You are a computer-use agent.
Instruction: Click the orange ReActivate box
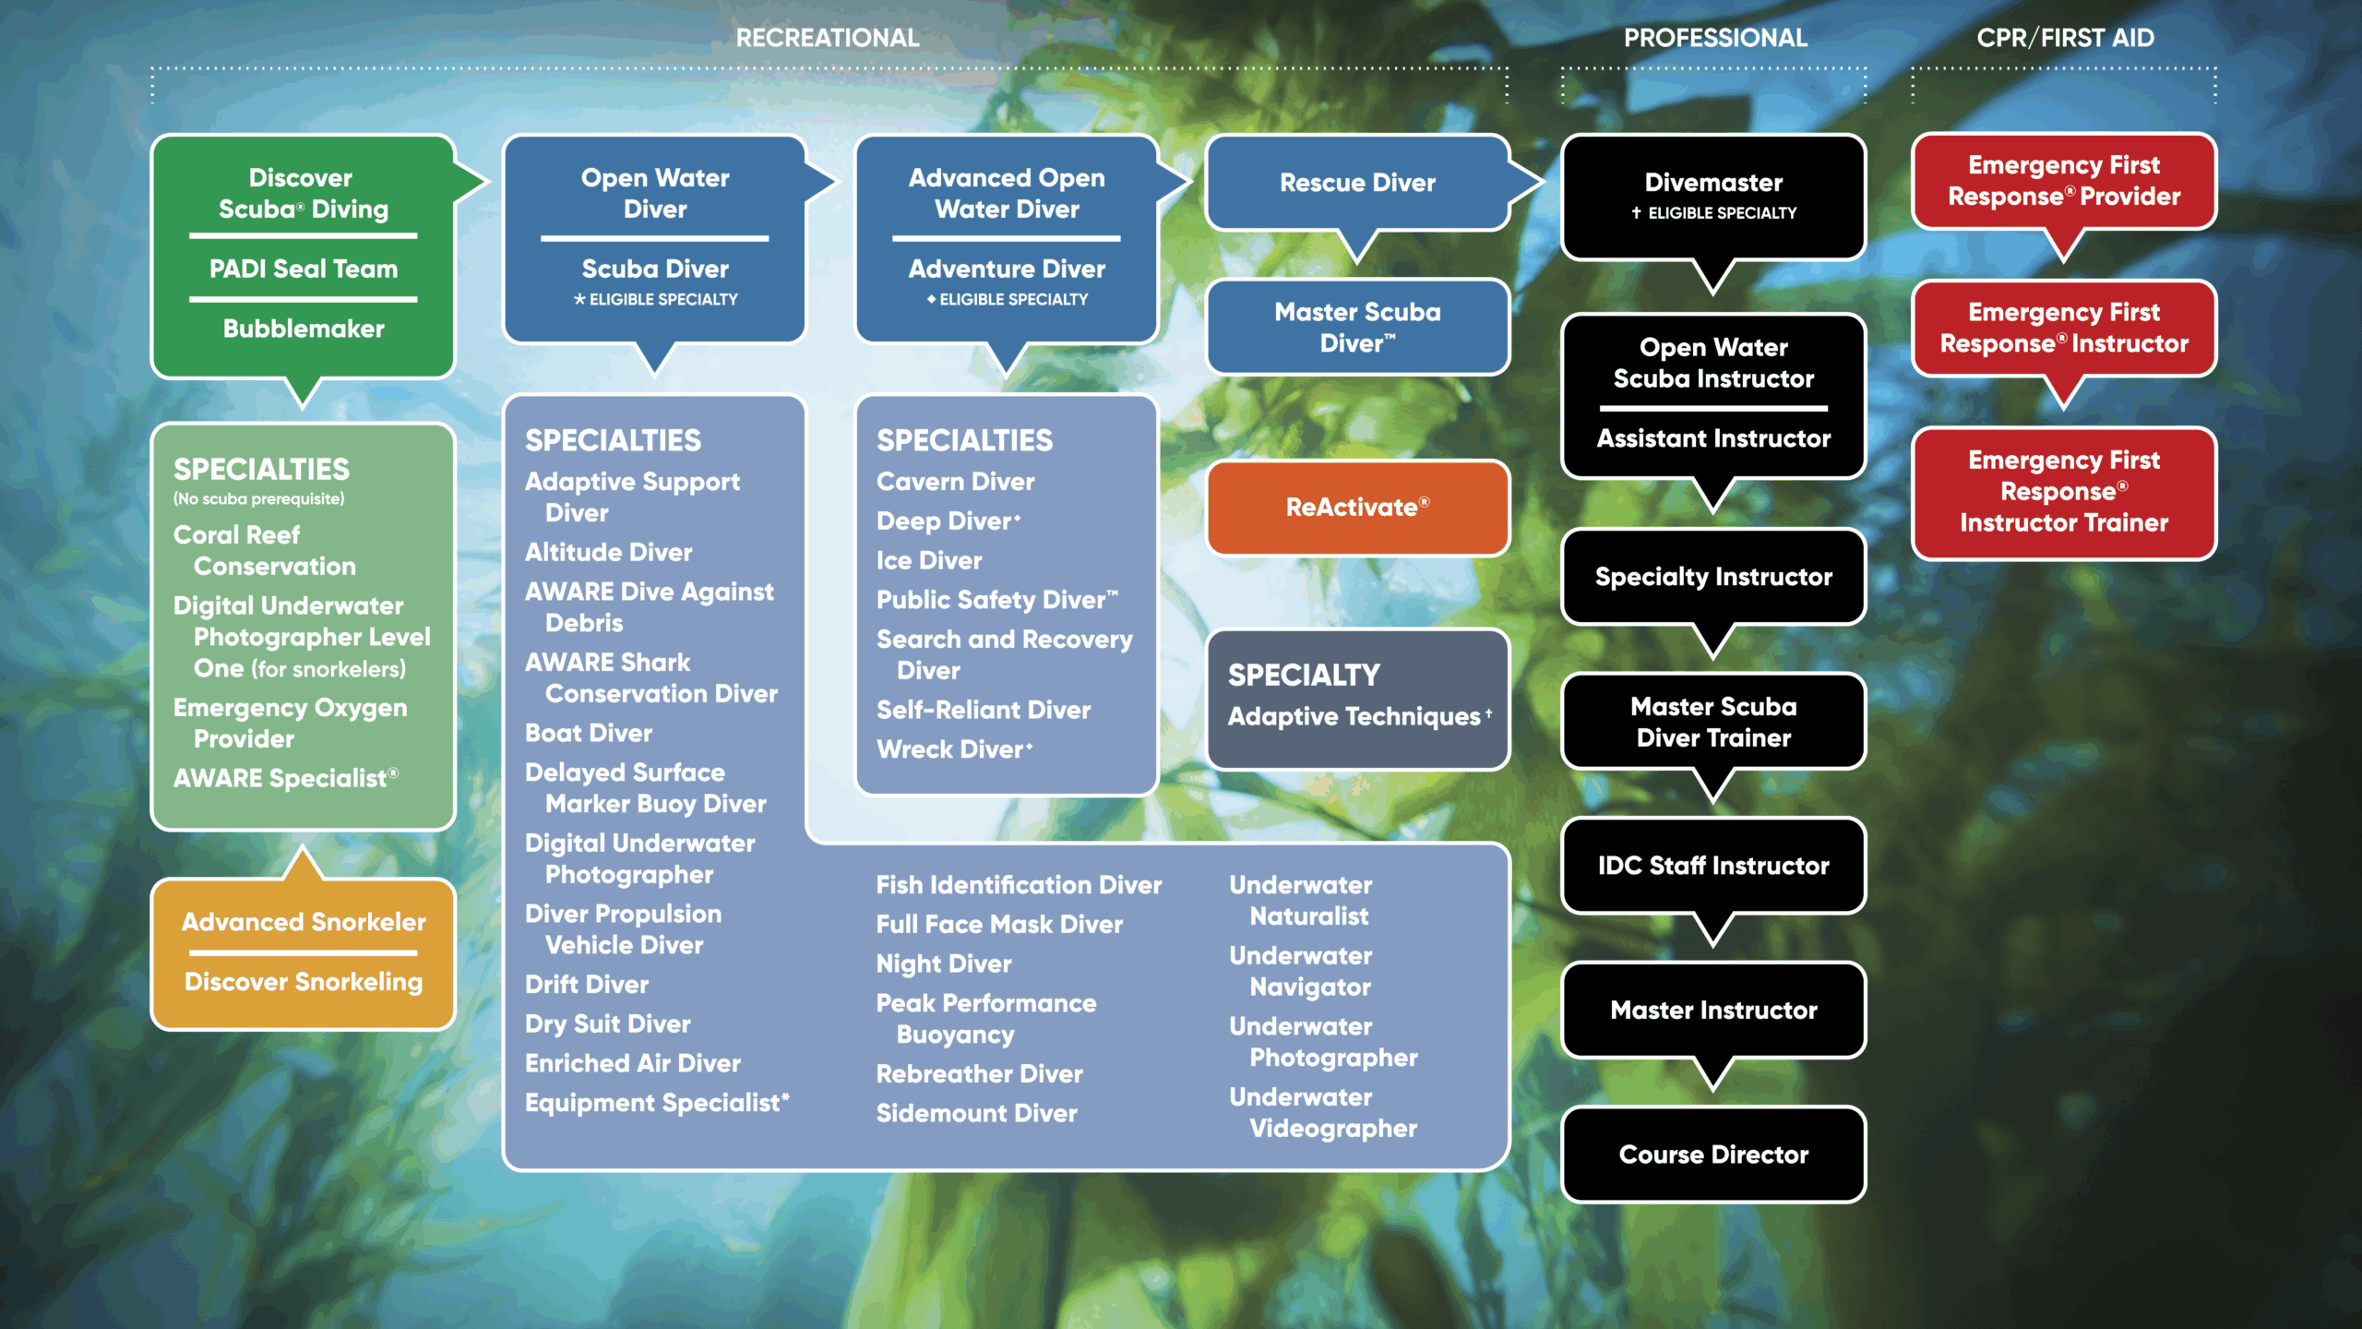click(1357, 508)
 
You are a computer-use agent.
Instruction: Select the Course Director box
click(1713, 1155)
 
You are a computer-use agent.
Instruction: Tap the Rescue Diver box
click(1357, 183)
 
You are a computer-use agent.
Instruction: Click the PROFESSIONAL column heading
click(1715, 38)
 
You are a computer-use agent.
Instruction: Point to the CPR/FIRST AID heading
click(2065, 38)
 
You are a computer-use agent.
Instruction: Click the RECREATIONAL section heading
click(828, 38)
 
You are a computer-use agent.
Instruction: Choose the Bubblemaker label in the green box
click(304, 329)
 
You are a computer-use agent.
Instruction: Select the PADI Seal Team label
click(304, 269)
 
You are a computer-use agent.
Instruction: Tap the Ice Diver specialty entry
click(929, 561)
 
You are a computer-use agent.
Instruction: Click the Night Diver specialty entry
click(944, 964)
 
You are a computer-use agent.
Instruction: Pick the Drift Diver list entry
click(587, 985)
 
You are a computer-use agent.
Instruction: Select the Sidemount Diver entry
click(977, 1114)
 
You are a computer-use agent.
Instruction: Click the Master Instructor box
click(1713, 1011)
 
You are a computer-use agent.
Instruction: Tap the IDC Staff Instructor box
click(1713, 866)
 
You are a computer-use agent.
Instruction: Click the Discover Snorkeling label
click(304, 982)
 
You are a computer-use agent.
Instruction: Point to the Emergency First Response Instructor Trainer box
click(2064, 492)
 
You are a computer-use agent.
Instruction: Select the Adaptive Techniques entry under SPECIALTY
click(1354, 717)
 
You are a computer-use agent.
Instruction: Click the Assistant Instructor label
click(1713, 438)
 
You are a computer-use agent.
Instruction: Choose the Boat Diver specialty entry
click(589, 734)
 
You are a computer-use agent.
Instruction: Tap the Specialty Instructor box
click(1713, 577)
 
